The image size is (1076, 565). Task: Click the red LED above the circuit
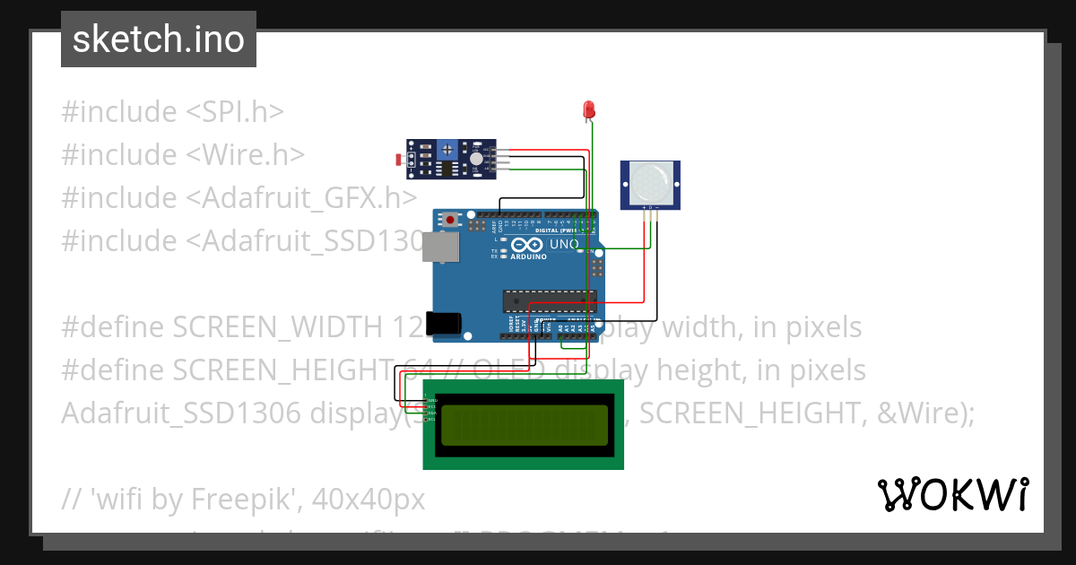pyautogui.click(x=589, y=109)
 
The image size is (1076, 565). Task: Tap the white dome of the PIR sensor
pyautogui.click(x=649, y=182)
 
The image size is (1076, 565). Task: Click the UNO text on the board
pyautogui.click(x=564, y=243)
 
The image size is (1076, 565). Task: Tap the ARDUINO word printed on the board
pyautogui.click(x=528, y=256)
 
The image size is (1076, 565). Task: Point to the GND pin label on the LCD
pyautogui.click(x=431, y=399)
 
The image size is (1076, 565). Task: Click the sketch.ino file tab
pyautogui.click(x=159, y=39)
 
